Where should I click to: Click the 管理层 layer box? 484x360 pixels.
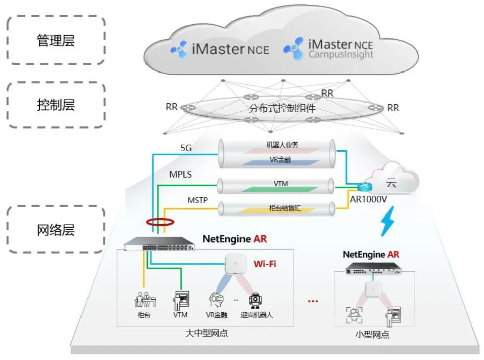click(56, 40)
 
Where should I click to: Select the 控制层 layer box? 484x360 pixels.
click(56, 105)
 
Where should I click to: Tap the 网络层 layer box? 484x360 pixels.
click(56, 230)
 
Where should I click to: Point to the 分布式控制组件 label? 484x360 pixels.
click(282, 108)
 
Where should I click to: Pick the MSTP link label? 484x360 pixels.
click(198, 201)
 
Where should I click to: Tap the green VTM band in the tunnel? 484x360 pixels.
click(281, 189)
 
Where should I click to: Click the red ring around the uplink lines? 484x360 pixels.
click(157, 222)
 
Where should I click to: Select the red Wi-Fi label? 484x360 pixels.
click(265, 264)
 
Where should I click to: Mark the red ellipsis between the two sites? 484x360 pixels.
click(313, 301)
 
